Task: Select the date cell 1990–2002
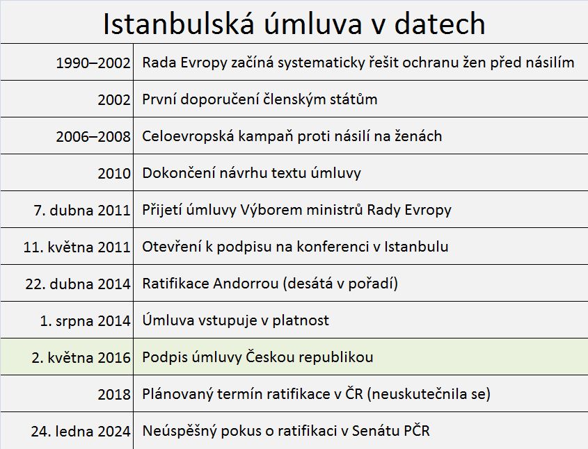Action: pos(93,63)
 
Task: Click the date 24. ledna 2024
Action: pos(81,431)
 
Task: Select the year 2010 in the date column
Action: pos(114,173)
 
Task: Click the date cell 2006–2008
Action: pos(93,136)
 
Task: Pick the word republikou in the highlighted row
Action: pos(337,357)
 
